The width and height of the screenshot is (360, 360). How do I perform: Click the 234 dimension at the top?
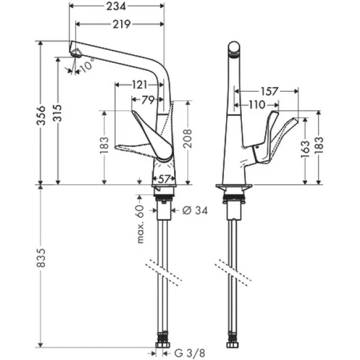coord(118,7)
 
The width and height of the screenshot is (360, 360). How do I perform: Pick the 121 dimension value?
coord(139,85)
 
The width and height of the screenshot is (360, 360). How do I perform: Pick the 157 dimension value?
coord(270,92)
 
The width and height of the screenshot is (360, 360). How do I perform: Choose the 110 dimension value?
coord(256,105)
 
